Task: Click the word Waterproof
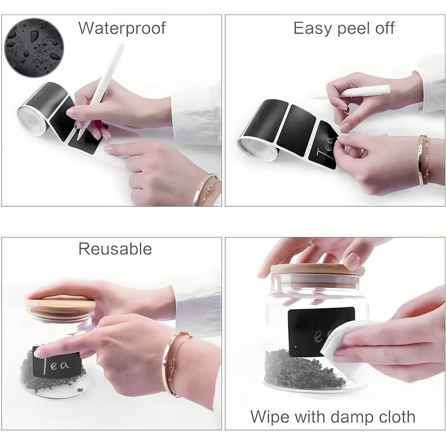[x=122, y=28]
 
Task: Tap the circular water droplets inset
[x=35, y=47]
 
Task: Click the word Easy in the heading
[x=313, y=28]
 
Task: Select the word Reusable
[x=115, y=249]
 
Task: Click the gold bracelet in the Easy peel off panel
[x=422, y=159]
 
